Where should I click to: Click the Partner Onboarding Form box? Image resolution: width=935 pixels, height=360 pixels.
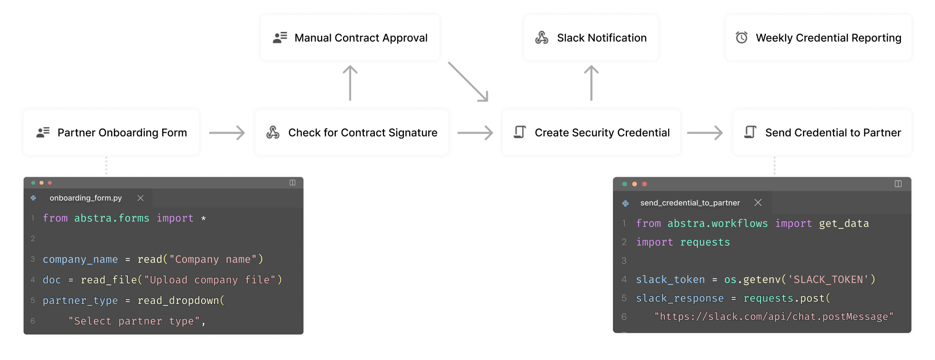pyautogui.click(x=111, y=133)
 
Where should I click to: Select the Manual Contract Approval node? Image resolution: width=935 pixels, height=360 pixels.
pyautogui.click(x=350, y=38)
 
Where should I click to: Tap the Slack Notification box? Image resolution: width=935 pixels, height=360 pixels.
pyautogui.click(x=591, y=38)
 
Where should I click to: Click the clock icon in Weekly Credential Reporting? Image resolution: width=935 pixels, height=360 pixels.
pyautogui.click(x=741, y=38)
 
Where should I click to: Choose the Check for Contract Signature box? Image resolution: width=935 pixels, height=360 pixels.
pyautogui.click(x=352, y=133)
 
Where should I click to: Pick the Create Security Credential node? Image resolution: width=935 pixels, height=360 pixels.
pyautogui.click(x=591, y=133)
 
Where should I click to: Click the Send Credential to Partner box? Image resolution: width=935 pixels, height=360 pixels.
pyautogui.click(x=822, y=133)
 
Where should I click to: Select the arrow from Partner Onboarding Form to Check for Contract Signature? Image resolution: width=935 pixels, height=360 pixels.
pyautogui.click(x=227, y=133)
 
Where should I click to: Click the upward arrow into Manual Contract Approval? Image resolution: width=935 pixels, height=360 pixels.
pyautogui.click(x=350, y=83)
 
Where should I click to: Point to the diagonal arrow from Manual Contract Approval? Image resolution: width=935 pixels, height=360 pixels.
pyautogui.click(x=468, y=81)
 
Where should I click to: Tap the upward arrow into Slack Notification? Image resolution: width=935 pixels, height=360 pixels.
pyautogui.click(x=591, y=83)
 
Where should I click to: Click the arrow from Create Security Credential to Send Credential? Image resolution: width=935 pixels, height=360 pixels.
pyautogui.click(x=705, y=133)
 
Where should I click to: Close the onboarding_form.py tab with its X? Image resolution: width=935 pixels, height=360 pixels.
pyautogui.click(x=140, y=198)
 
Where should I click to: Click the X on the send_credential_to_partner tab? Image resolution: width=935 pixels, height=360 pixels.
pyautogui.click(x=758, y=202)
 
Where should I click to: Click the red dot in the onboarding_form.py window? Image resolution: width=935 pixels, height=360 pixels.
pyautogui.click(x=50, y=183)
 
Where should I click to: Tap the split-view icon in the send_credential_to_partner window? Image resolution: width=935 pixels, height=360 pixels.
pyautogui.click(x=898, y=184)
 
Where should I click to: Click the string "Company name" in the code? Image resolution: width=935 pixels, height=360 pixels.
pyautogui.click(x=213, y=259)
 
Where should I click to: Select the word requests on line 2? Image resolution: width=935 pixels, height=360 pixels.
pyautogui.click(x=705, y=242)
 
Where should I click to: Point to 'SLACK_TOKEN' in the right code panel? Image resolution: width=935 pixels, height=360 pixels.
pyautogui.click(x=828, y=280)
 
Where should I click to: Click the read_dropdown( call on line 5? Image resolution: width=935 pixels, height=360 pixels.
pyautogui.click(x=181, y=301)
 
